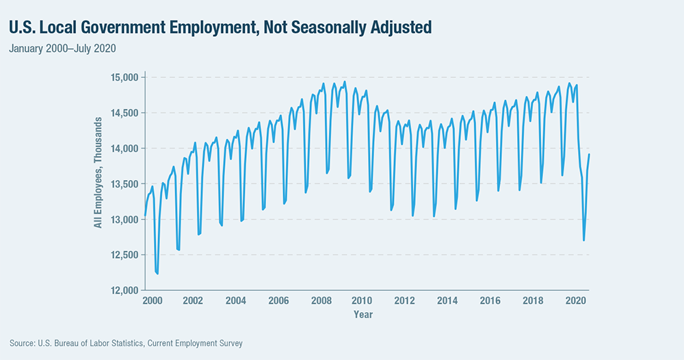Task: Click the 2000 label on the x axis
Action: pyautogui.click(x=150, y=300)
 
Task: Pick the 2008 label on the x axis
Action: pyautogui.click(x=320, y=300)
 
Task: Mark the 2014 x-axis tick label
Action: pyautogui.click(x=447, y=300)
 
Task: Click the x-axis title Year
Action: pyautogui.click(x=363, y=314)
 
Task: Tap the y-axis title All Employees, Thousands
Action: pyautogui.click(x=98, y=183)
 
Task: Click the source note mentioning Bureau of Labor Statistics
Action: pyautogui.click(x=127, y=343)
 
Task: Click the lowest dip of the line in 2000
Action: pyautogui.click(x=158, y=273)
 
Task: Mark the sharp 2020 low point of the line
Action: pyautogui.click(x=583, y=240)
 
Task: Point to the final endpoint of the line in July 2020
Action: pyautogui.click(x=590, y=155)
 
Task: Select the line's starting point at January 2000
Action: pyautogui.click(x=145, y=216)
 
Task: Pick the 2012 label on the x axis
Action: pyautogui.click(x=405, y=300)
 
